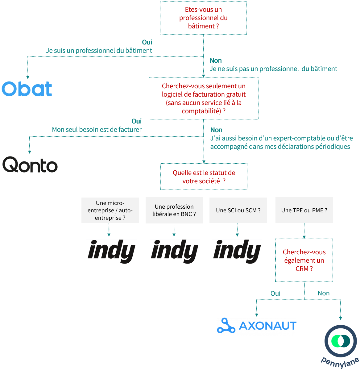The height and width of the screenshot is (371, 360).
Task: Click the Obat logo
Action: (x=27, y=89)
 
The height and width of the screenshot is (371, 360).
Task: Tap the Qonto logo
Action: (x=30, y=165)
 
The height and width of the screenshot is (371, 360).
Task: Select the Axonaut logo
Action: (x=257, y=326)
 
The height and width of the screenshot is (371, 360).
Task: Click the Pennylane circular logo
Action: (x=341, y=341)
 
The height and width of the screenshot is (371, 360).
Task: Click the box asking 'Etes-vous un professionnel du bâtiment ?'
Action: (x=203, y=18)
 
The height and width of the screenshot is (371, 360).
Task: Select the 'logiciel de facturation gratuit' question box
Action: (x=204, y=98)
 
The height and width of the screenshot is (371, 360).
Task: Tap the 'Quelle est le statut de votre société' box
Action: (x=204, y=177)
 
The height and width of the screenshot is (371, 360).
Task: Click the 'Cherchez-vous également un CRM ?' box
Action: (x=304, y=260)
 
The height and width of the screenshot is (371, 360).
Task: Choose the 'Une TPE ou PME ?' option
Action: (x=304, y=211)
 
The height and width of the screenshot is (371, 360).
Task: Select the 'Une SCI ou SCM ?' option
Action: (x=238, y=211)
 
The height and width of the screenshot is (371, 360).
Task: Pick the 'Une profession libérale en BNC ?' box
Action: (x=174, y=211)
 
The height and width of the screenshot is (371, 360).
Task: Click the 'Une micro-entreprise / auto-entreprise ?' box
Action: (x=110, y=211)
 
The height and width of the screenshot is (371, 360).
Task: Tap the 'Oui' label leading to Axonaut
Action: (x=275, y=294)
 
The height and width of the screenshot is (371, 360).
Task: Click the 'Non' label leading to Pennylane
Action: (x=324, y=293)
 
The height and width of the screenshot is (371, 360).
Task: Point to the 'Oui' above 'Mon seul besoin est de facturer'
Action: (x=137, y=121)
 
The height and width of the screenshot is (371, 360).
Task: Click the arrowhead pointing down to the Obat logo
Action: (x=28, y=77)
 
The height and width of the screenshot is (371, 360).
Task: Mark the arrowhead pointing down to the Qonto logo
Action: (x=30, y=152)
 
